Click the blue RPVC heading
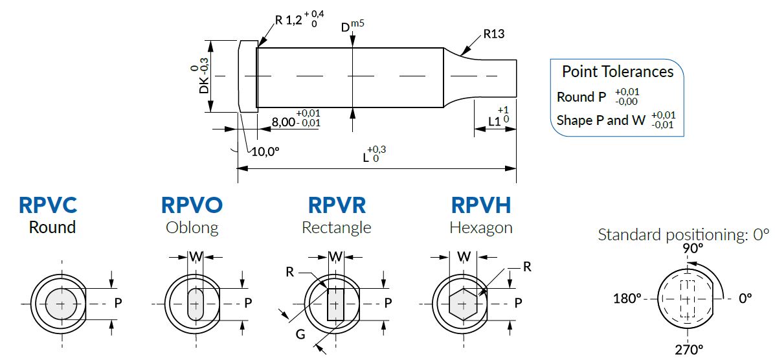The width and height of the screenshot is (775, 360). tap(47, 205)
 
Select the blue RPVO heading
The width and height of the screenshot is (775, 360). tap(192, 205)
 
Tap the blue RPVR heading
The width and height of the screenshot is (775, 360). tap(337, 205)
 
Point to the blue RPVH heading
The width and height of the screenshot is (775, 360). tap(481, 205)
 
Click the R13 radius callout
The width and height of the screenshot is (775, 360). tap(494, 34)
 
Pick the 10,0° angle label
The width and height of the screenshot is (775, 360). tap(265, 152)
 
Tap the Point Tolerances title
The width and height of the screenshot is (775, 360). tap(617, 71)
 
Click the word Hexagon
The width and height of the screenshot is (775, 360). tap(481, 227)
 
